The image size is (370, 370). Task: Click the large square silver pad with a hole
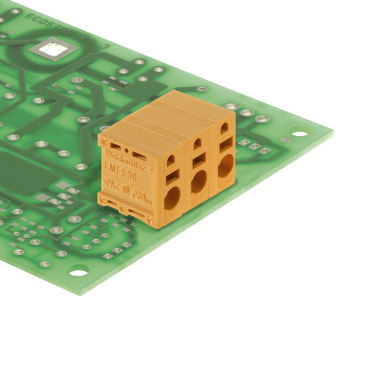[53, 49]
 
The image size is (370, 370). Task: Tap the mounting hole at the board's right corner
[300, 133]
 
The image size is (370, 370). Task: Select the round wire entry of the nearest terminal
[172, 198]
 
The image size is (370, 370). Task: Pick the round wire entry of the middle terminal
[199, 181]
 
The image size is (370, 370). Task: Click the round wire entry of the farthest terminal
[226, 166]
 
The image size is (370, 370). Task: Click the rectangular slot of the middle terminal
[199, 160]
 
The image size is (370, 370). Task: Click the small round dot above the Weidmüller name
[127, 150]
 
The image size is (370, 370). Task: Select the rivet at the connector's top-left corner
[105, 142]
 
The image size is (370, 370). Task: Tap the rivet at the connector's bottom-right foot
[150, 221]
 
